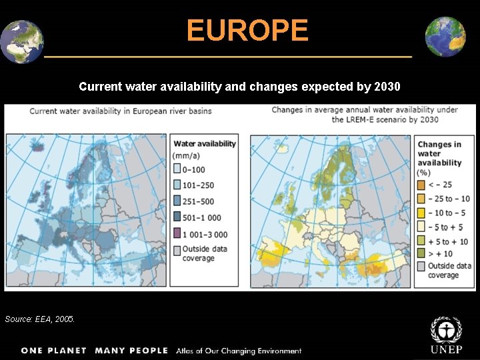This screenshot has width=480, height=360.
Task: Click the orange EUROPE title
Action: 247,31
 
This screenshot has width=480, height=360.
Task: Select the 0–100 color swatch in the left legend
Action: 177,169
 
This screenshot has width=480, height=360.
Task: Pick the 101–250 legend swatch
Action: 177,185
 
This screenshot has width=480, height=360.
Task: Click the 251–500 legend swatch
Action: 177,201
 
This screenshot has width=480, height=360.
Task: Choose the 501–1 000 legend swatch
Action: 177,217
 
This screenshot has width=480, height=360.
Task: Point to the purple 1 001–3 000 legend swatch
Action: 177,234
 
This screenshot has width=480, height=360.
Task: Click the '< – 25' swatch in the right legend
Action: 422,185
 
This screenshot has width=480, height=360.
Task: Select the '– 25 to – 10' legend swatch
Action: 422,199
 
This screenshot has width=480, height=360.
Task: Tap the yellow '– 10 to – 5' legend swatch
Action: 422,213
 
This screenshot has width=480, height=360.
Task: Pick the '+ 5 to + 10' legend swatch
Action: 422,241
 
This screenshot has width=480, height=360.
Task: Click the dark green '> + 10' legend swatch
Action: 422,253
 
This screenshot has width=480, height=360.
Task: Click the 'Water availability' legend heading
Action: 205,143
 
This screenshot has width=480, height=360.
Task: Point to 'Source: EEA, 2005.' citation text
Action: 40,319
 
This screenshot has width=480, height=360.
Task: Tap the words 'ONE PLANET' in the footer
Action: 54,351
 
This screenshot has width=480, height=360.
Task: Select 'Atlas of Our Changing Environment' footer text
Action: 239,351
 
